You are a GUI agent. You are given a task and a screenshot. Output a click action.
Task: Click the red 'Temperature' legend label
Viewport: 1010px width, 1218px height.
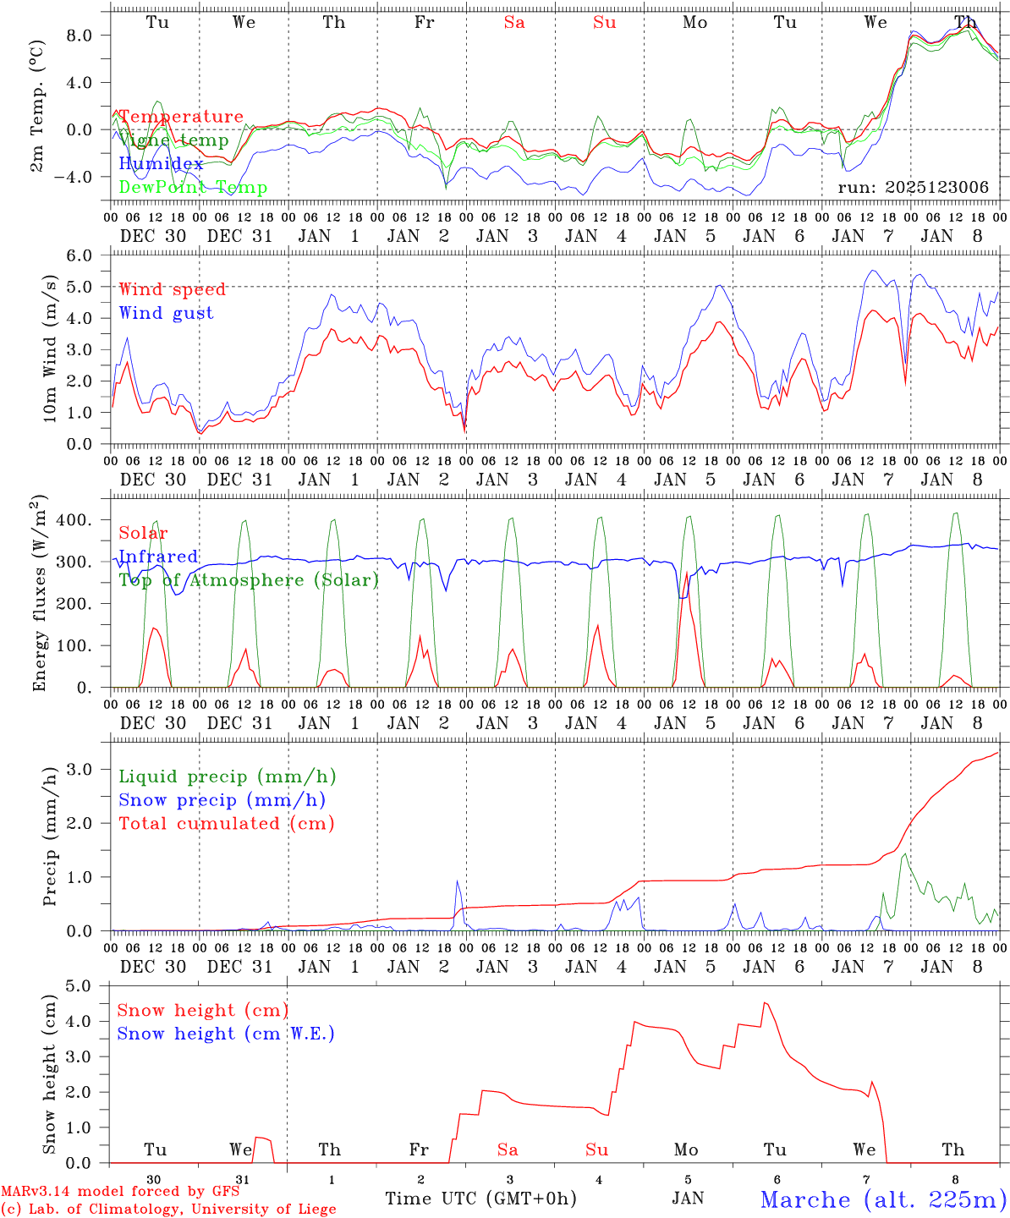(x=180, y=117)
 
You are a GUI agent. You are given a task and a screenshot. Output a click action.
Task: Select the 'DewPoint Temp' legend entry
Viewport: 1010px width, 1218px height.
(x=193, y=188)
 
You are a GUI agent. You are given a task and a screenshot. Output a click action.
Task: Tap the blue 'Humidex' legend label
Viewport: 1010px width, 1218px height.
(x=161, y=164)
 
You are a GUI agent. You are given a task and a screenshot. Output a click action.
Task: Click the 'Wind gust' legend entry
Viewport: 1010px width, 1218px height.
(x=166, y=313)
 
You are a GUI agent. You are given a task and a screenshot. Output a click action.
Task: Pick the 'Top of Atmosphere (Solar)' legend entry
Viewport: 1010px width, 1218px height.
(x=248, y=580)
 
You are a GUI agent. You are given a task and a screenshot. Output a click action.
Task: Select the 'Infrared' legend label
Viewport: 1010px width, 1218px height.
(x=158, y=557)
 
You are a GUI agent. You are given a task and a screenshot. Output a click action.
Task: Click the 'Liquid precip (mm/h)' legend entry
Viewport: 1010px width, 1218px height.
(x=227, y=776)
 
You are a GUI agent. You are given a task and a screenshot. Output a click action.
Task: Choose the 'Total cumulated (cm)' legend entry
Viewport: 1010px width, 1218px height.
(x=226, y=824)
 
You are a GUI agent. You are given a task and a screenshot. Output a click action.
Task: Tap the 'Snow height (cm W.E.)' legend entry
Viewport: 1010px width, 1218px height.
(x=225, y=1034)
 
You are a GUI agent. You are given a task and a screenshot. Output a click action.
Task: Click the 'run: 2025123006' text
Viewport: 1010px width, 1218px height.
(x=913, y=188)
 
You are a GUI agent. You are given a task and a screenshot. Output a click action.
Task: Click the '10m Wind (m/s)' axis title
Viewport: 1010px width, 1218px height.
(x=50, y=349)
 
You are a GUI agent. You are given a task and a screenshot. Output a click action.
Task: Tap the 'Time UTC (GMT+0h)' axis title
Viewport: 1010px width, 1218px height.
(x=480, y=1199)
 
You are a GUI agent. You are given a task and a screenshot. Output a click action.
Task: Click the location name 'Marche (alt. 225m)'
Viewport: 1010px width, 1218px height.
(x=882, y=1199)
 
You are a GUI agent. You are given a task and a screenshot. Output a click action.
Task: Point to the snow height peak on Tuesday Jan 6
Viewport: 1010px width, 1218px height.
(x=765, y=1003)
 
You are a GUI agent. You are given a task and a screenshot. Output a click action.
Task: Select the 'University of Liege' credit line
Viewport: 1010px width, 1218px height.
(x=168, y=1210)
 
